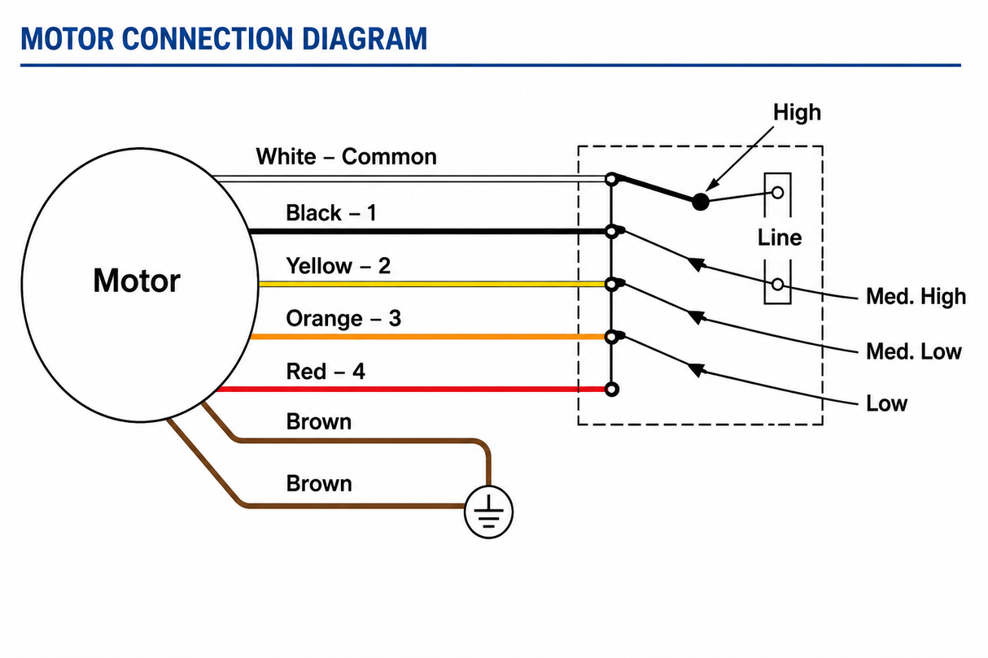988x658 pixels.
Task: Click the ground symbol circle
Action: [488, 487]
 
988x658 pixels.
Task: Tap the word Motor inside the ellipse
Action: [137, 281]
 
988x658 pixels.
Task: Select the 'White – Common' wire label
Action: [346, 156]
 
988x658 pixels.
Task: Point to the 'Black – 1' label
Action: [331, 213]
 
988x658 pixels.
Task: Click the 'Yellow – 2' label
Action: [339, 266]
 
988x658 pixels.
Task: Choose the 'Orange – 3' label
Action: [343, 318]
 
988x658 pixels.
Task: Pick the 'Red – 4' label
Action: [326, 371]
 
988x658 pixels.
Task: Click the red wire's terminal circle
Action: [611, 389]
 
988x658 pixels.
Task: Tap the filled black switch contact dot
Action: [700, 202]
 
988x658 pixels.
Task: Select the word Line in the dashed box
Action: [780, 237]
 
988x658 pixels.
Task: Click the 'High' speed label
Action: [797, 112]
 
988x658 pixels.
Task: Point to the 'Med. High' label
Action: [916, 296]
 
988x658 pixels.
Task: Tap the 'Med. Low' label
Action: [913, 351]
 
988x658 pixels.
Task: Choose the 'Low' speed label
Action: [886, 403]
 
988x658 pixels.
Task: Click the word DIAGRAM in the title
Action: [365, 39]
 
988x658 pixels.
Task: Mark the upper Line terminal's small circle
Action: [777, 193]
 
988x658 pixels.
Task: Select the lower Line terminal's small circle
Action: [777, 285]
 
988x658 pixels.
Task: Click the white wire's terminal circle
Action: [611, 179]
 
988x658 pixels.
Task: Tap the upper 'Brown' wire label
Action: [319, 422]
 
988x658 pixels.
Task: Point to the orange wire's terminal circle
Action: [611, 338]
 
